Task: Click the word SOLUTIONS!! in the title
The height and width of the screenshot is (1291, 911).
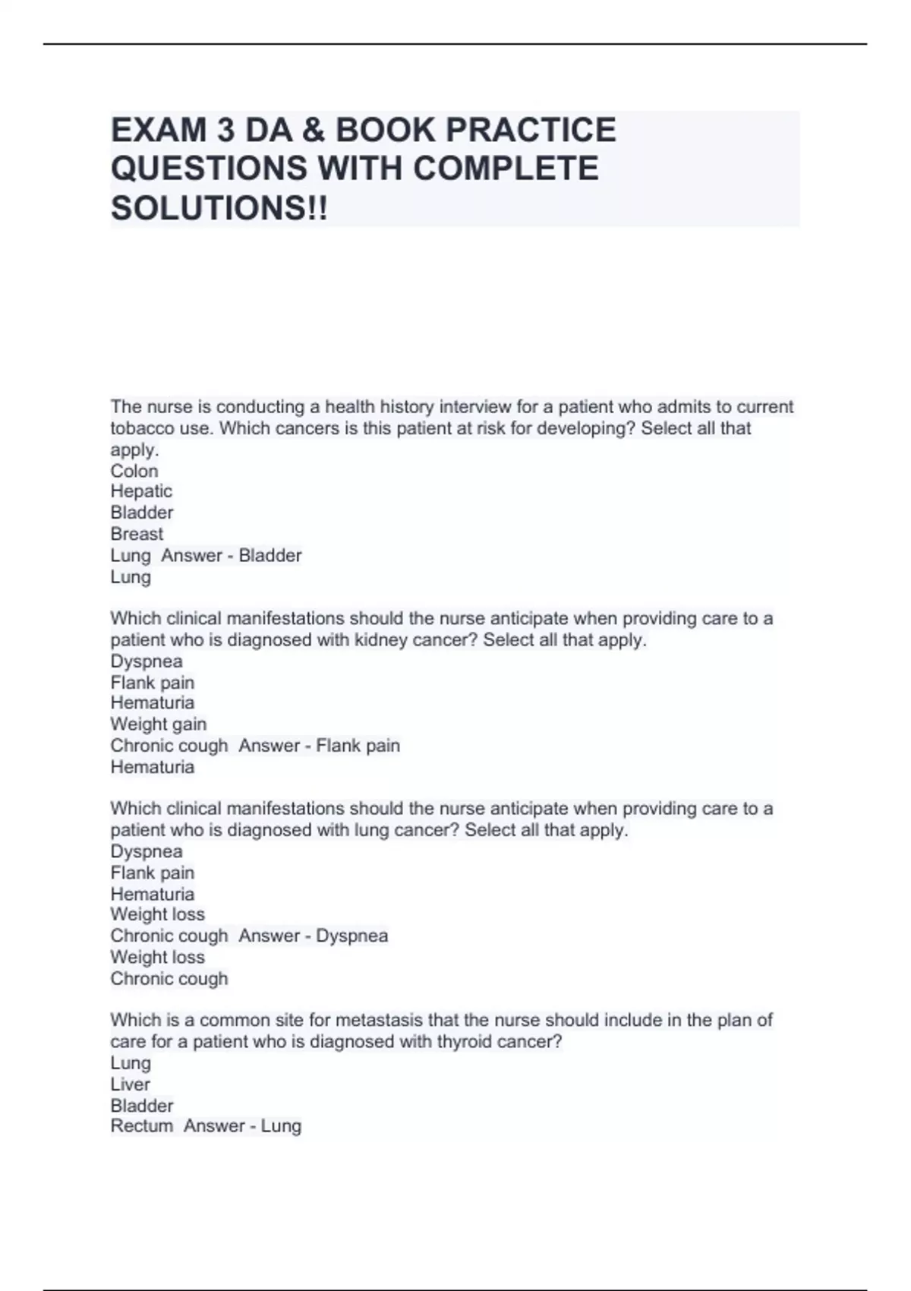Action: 219,208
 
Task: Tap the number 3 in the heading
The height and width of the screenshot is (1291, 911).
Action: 225,131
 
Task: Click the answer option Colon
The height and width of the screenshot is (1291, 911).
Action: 134,471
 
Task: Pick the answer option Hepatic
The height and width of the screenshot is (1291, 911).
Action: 141,491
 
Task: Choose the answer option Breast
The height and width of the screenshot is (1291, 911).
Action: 137,534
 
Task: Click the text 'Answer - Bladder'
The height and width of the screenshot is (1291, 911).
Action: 232,555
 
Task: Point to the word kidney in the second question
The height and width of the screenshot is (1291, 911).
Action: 378,639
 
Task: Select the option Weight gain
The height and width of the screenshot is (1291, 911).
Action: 158,724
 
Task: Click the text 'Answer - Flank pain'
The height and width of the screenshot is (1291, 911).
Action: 319,745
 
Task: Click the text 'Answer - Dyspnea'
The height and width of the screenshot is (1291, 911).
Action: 313,936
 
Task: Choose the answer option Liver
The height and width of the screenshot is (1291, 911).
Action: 130,1084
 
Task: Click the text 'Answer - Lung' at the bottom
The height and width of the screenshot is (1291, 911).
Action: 242,1125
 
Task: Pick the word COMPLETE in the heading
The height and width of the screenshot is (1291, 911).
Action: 506,169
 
